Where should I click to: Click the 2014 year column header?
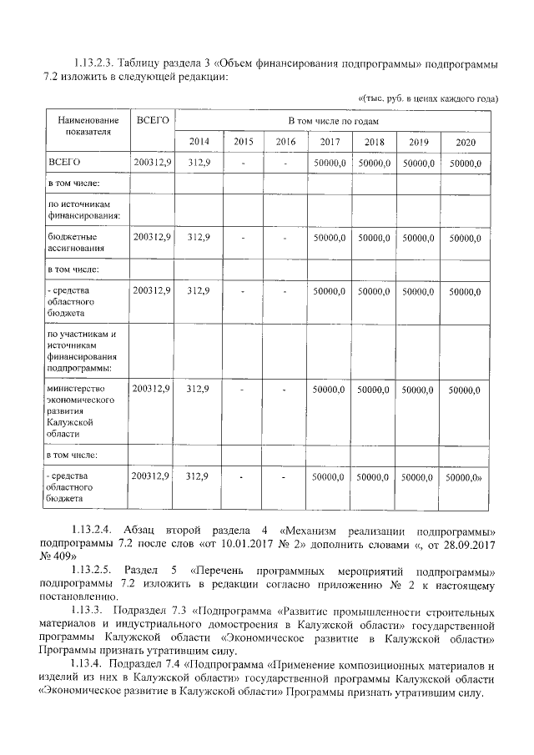199,142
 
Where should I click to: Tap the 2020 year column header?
466,142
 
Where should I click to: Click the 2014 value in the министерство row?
199,389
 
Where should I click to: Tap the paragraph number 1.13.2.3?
93,63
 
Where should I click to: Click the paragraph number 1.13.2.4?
93,531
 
